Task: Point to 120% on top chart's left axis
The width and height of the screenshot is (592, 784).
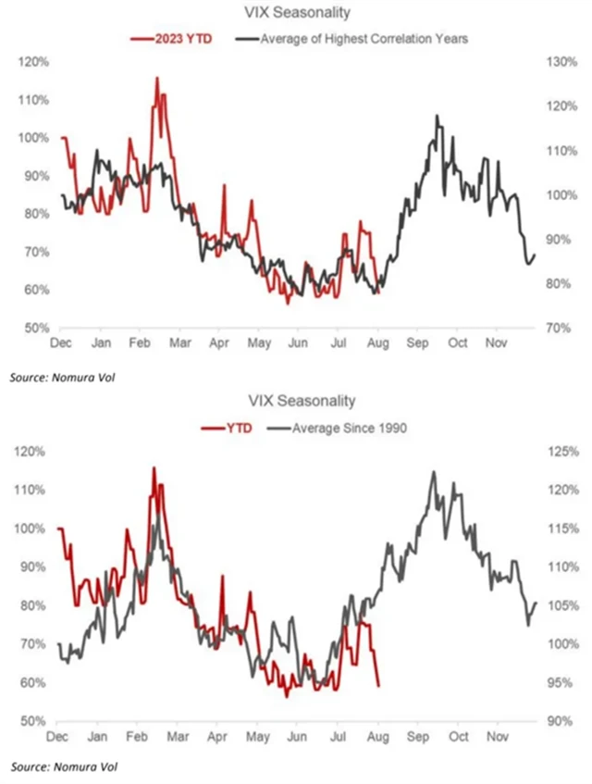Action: point(32,62)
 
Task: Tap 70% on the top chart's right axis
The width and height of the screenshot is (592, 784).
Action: point(558,328)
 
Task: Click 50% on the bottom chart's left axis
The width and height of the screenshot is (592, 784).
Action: point(34,721)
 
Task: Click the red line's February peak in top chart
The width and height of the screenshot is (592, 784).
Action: point(156,78)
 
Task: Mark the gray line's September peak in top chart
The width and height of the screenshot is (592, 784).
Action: point(437,116)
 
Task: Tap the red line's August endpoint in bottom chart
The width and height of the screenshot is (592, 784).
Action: point(377,686)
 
